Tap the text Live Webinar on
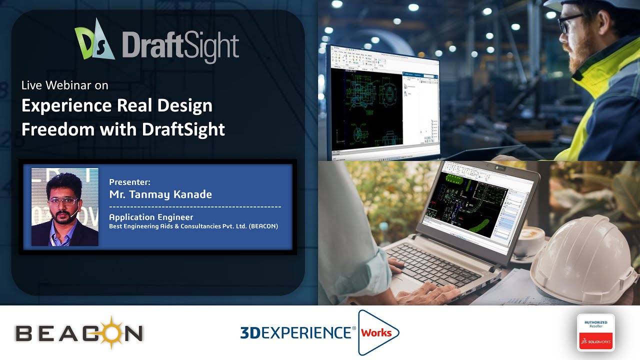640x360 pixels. point(64,85)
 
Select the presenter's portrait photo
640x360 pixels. point(65,207)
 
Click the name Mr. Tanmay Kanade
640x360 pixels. point(160,194)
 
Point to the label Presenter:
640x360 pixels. point(129,182)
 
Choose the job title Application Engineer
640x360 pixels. point(151,217)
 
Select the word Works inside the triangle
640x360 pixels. point(376,332)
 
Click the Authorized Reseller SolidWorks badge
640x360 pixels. point(595,332)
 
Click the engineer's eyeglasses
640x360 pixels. point(570,23)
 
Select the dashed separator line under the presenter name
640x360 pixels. point(195,206)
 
